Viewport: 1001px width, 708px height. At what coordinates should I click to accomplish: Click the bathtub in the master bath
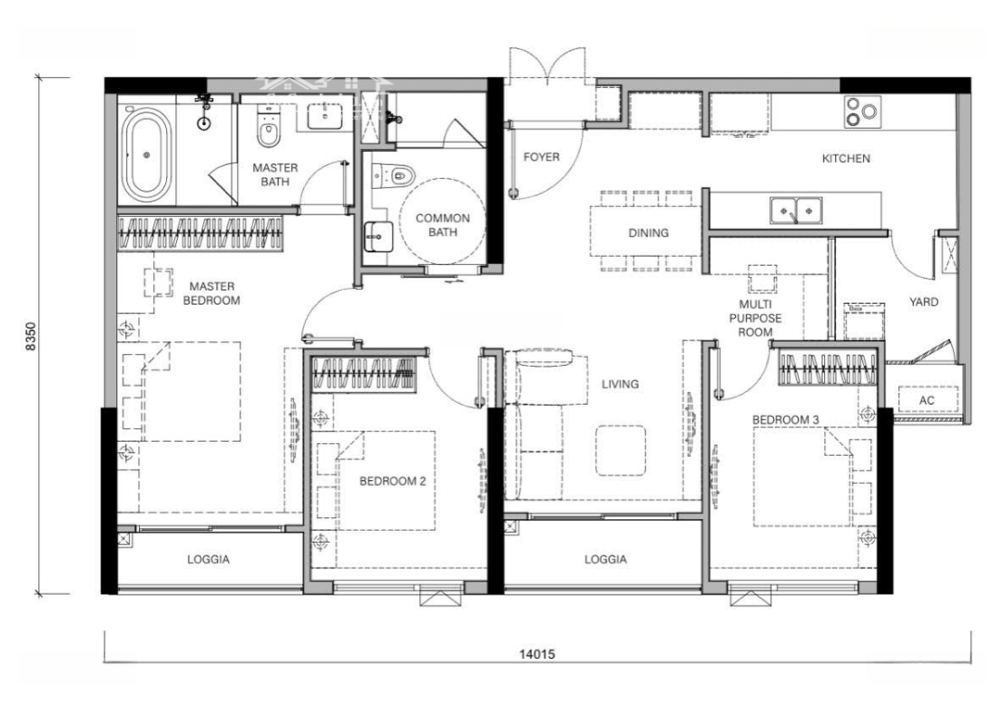tap(147, 155)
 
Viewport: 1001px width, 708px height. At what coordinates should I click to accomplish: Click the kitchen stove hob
tap(862, 112)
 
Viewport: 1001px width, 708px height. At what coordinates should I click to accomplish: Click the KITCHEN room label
tap(846, 158)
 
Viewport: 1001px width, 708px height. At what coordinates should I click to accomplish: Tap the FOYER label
tap(541, 157)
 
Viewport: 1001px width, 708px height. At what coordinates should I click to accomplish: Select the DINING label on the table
tap(649, 233)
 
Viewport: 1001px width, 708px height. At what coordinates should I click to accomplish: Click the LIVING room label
tap(620, 385)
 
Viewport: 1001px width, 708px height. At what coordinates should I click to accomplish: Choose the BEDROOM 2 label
tap(392, 481)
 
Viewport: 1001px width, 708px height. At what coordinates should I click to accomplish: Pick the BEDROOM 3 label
tap(785, 420)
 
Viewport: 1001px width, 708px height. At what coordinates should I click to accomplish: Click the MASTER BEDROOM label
tap(211, 293)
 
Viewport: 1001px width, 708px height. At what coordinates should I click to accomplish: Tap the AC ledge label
tap(927, 400)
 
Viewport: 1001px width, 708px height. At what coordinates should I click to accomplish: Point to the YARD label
tap(924, 302)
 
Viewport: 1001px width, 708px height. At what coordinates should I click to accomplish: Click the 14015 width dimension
tap(537, 654)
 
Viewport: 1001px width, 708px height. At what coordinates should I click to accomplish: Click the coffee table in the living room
tap(620, 450)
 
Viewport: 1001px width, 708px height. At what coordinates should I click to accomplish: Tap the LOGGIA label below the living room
tap(605, 560)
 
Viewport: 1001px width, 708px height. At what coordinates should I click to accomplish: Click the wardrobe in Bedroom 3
tap(828, 369)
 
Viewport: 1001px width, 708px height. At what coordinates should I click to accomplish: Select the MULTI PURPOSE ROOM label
tap(755, 319)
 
